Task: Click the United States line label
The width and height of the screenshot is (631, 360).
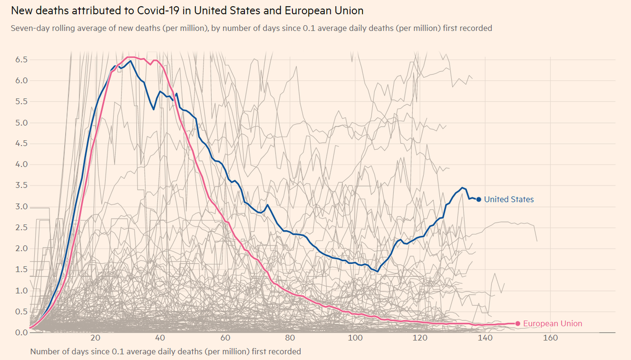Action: tap(508, 199)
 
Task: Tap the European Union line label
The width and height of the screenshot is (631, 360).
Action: tap(553, 324)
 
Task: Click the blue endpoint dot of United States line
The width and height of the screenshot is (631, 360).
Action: tap(479, 199)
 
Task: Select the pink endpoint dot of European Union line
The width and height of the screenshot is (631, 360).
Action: tap(518, 324)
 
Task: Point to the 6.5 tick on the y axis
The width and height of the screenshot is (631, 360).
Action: tap(21, 60)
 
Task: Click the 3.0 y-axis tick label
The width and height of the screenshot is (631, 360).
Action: tap(21, 207)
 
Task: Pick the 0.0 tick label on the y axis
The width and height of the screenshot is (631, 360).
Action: tap(21, 332)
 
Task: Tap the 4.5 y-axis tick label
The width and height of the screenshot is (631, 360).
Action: tap(21, 143)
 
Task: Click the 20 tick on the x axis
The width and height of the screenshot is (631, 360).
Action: tap(95, 338)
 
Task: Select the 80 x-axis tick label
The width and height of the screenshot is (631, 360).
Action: tap(290, 338)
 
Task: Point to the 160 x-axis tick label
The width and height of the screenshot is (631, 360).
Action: tap(550, 338)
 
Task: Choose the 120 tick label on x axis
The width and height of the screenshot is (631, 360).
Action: tap(420, 338)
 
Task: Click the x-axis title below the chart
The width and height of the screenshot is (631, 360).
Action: tap(166, 351)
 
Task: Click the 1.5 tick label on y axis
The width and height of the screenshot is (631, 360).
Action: tap(21, 270)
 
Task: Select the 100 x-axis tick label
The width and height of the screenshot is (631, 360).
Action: tap(355, 338)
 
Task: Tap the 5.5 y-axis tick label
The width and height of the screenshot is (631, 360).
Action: tap(21, 101)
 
